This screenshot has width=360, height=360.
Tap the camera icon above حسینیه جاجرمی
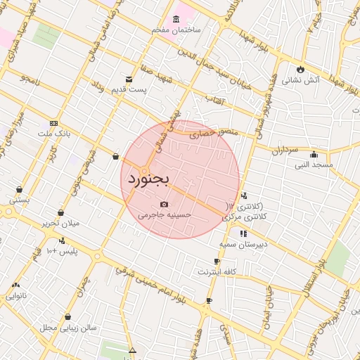click(x=164, y=204)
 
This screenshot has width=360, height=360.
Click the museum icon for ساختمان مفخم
click(x=175, y=19)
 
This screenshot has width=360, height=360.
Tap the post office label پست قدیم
click(x=132, y=89)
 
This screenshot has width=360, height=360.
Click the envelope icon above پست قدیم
click(x=128, y=79)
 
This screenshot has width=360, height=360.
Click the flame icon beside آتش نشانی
click(x=301, y=69)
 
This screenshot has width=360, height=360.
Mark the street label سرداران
click(x=285, y=150)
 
